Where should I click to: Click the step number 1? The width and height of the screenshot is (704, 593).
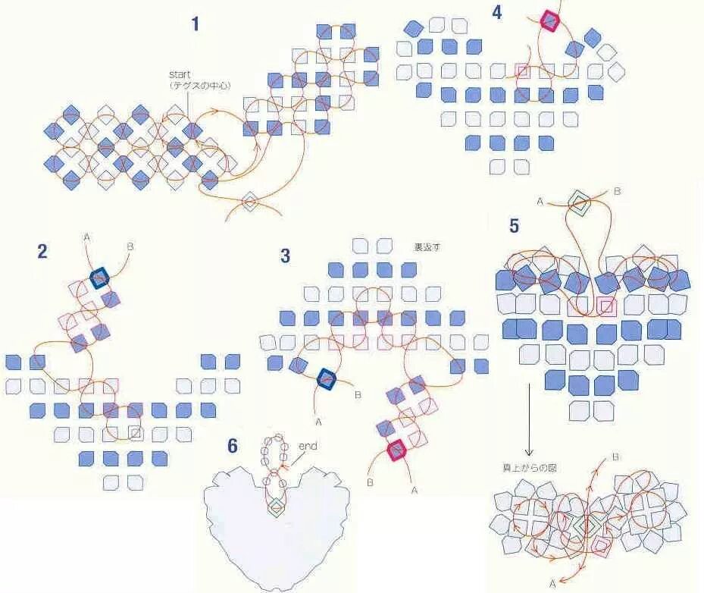196,24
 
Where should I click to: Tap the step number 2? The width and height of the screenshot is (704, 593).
42,251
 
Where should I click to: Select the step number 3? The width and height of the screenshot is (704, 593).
285,256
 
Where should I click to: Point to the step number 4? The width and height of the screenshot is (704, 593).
496,14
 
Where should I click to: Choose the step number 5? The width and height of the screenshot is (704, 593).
514,226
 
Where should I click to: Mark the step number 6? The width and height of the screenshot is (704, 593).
233,446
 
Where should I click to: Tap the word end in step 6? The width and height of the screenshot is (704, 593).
308,446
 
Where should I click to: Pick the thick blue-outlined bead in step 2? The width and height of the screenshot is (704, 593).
99,278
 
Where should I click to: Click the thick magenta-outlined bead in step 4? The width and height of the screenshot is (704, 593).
549,22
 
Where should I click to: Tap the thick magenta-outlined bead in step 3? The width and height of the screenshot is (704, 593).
396,450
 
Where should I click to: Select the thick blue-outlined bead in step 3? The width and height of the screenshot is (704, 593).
327,378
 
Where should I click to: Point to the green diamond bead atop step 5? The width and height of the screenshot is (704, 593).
579,202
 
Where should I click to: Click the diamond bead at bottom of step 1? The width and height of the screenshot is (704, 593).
249,202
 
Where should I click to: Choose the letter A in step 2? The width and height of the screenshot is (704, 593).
86,237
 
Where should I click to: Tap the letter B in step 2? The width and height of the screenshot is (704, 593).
130,246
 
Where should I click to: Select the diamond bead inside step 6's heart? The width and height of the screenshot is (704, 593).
277,507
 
